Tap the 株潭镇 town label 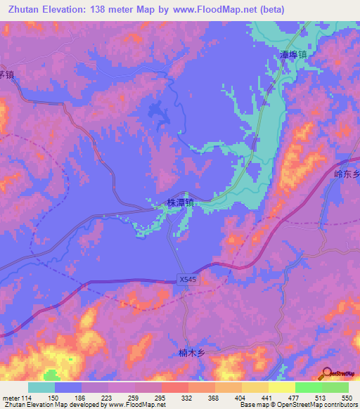click(x=180, y=202)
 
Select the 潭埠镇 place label click(x=293, y=54)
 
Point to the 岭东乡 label click(x=345, y=171)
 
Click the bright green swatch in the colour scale click(x=309, y=387)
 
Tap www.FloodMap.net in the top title click(x=222, y=9)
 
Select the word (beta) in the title click(x=288, y=9)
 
